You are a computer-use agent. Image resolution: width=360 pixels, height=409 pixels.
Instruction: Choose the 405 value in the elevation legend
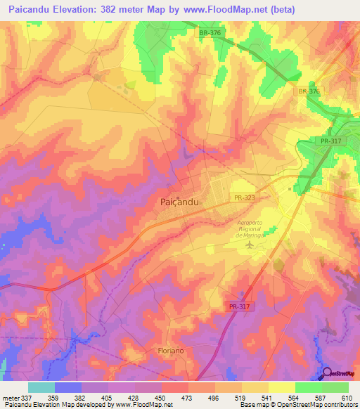click(108, 397)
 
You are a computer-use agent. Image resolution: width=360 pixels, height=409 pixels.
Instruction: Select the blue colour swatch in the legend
click(68, 387)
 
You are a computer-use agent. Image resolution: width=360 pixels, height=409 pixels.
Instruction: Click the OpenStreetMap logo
click(340, 375)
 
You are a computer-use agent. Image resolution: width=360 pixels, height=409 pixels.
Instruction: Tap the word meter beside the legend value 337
click(10, 397)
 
